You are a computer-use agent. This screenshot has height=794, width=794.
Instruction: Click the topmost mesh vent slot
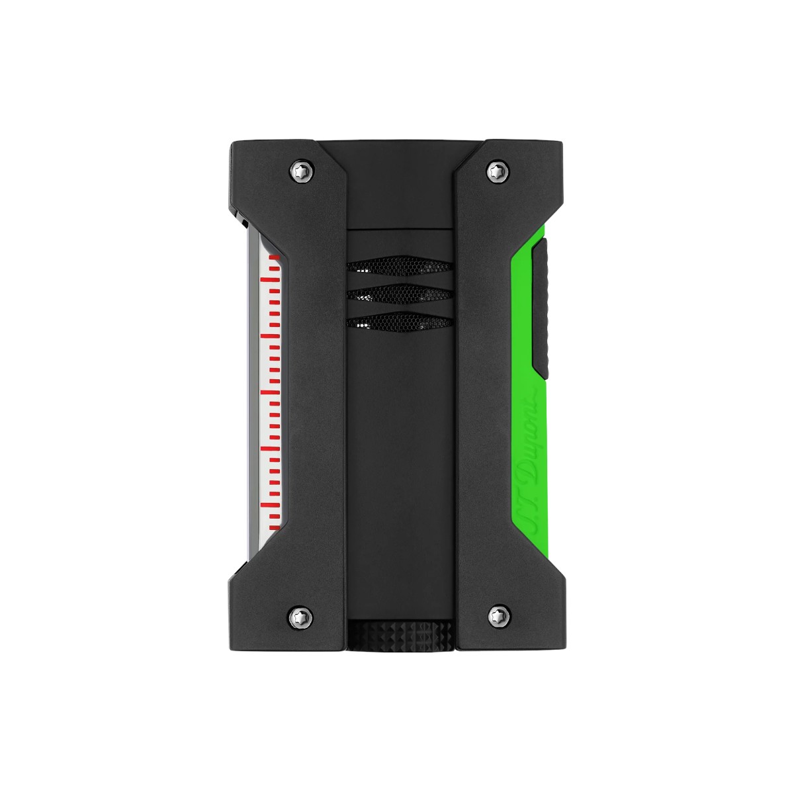pos(399,267)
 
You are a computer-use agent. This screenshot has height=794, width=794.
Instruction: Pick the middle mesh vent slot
pos(399,295)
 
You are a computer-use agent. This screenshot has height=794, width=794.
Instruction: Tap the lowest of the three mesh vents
pos(399,322)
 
